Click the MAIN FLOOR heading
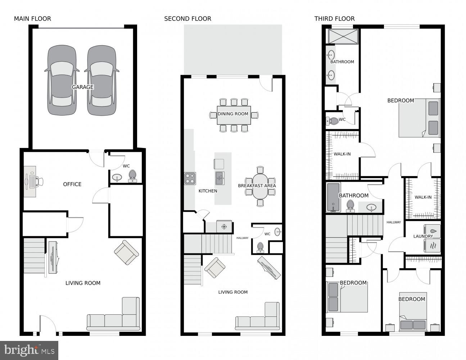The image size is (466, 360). pyautogui.click(x=32, y=19)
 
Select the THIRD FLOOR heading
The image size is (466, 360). pyautogui.click(x=334, y=19)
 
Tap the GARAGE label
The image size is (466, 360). pyautogui.click(x=82, y=87)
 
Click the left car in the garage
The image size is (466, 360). pyautogui.click(x=62, y=80)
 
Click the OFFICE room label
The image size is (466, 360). pyautogui.click(x=72, y=184)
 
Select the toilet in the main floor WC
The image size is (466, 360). pyautogui.click(x=132, y=175)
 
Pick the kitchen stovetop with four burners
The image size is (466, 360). pyautogui.click(x=190, y=178)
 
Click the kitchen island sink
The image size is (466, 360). pyautogui.click(x=220, y=177)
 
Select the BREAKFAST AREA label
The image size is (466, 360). pyautogui.click(x=257, y=186)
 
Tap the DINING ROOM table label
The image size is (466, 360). pyautogui.click(x=233, y=114)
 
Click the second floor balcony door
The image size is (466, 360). pyautogui.click(x=266, y=84)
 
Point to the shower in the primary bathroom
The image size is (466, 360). pyautogui.click(x=343, y=37)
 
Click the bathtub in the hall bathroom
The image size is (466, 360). pyautogui.click(x=333, y=197)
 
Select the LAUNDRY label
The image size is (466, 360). pyautogui.click(x=423, y=237)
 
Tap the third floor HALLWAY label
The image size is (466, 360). pyautogui.click(x=394, y=222)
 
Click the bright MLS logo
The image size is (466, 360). pyautogui.click(x=29, y=350)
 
